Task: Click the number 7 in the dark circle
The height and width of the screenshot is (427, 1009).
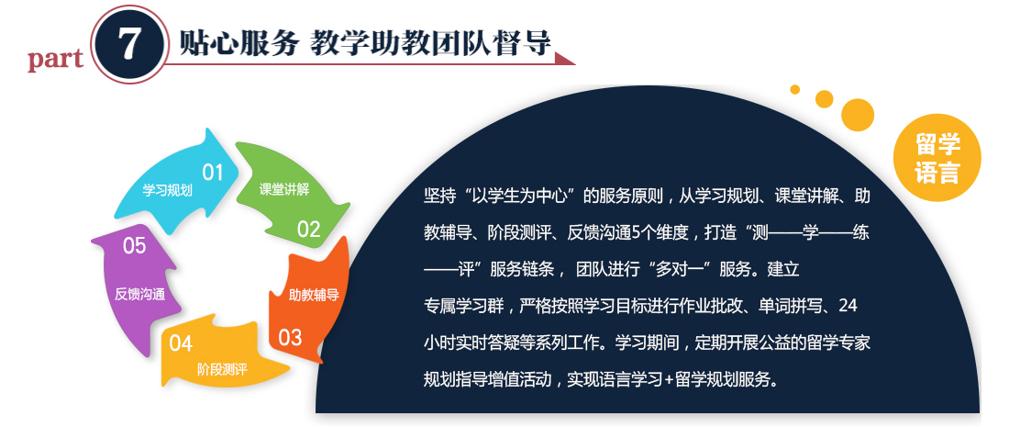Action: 129,44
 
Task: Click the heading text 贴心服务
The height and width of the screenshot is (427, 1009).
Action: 239,43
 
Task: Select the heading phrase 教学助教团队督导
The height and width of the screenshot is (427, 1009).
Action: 430,43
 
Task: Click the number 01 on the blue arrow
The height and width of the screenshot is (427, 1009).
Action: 212,173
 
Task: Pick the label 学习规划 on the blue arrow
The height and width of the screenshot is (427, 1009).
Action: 167,191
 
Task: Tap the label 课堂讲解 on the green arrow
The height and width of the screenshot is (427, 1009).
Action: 283,189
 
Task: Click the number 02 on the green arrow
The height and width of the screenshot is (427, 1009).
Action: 308,229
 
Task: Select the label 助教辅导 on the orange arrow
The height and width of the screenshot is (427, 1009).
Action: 314,296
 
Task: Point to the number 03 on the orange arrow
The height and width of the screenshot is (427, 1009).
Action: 290,337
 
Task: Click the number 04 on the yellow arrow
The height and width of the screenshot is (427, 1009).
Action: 181,343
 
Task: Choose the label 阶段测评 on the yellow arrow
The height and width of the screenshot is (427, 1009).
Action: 222,369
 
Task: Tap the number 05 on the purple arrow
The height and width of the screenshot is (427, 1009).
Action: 134,245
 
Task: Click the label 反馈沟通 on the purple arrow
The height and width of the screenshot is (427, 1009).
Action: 139,295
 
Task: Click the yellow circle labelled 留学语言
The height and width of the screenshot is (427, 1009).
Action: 937,158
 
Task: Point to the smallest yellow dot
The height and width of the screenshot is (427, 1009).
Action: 794,89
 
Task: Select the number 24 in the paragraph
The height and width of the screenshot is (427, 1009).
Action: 848,306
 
